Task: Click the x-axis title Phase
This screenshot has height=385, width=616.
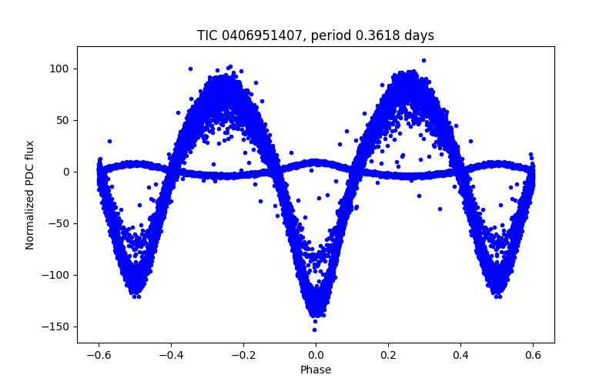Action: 316,370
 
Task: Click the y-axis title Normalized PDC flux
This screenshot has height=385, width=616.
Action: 30,195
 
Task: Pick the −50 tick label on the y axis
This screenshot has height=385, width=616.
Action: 61,223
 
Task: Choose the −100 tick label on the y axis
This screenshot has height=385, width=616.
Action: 58,275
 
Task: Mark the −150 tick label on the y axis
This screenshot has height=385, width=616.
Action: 58,326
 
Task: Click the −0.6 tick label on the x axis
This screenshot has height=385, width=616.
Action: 98,356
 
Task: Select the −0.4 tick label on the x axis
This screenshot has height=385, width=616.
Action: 170,356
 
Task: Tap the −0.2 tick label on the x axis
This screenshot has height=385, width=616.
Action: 243,356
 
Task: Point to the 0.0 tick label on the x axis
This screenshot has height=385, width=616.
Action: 316,356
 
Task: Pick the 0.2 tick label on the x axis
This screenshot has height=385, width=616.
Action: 388,356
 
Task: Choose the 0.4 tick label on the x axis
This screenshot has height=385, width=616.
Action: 460,356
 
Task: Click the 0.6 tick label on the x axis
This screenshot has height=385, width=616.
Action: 533,356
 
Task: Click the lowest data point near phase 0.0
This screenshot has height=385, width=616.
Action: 314,330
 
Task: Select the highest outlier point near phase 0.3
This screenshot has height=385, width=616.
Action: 423,60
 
